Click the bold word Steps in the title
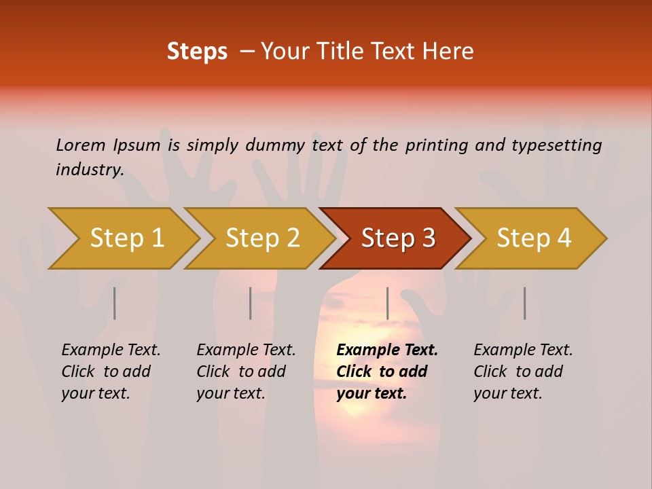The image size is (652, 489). click(x=197, y=52)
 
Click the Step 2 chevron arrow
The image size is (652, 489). click(x=260, y=238)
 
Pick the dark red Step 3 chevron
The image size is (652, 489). click(x=396, y=238)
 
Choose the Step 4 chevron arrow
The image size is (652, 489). click(x=532, y=238)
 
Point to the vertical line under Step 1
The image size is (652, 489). click(x=115, y=303)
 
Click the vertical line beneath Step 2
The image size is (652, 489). click(x=251, y=303)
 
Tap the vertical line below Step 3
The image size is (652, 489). click(x=388, y=303)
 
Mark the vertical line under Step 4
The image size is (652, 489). click(x=525, y=303)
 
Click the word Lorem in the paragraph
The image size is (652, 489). click(x=81, y=145)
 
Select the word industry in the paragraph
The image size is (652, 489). click(x=90, y=169)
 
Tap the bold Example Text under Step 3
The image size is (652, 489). click(x=387, y=350)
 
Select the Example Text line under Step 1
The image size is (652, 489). click(x=111, y=350)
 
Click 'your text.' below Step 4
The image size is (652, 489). click(x=508, y=393)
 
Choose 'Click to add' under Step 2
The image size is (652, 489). click(x=241, y=372)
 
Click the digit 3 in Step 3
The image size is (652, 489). click(x=428, y=238)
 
